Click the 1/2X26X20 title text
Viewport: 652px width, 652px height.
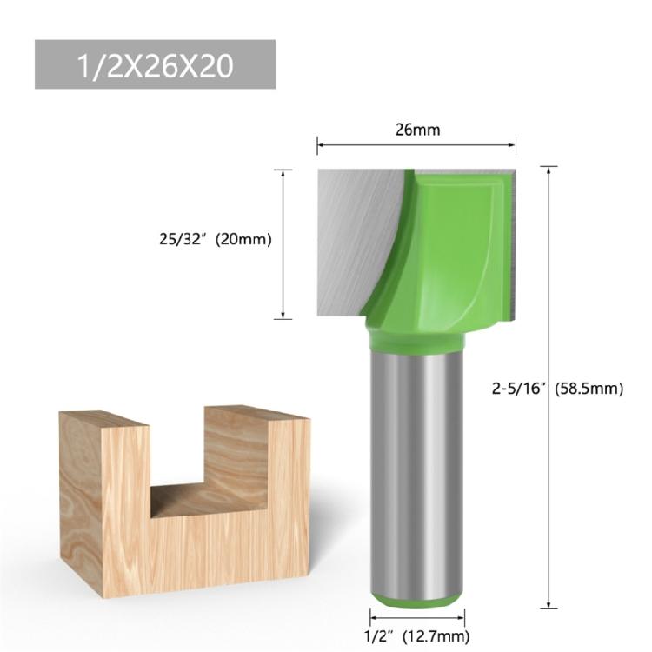(x=155, y=66)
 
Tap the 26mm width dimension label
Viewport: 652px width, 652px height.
(x=418, y=130)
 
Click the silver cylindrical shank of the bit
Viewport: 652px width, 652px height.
(x=416, y=469)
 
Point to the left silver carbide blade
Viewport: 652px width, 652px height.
(x=352, y=235)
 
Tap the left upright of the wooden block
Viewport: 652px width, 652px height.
(x=104, y=504)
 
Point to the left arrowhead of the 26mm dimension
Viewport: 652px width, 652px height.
(x=320, y=146)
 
